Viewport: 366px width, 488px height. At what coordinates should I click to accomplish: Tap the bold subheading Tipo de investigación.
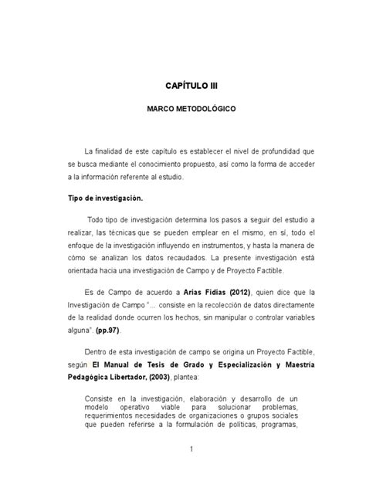pyautogui.click(x=102, y=197)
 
